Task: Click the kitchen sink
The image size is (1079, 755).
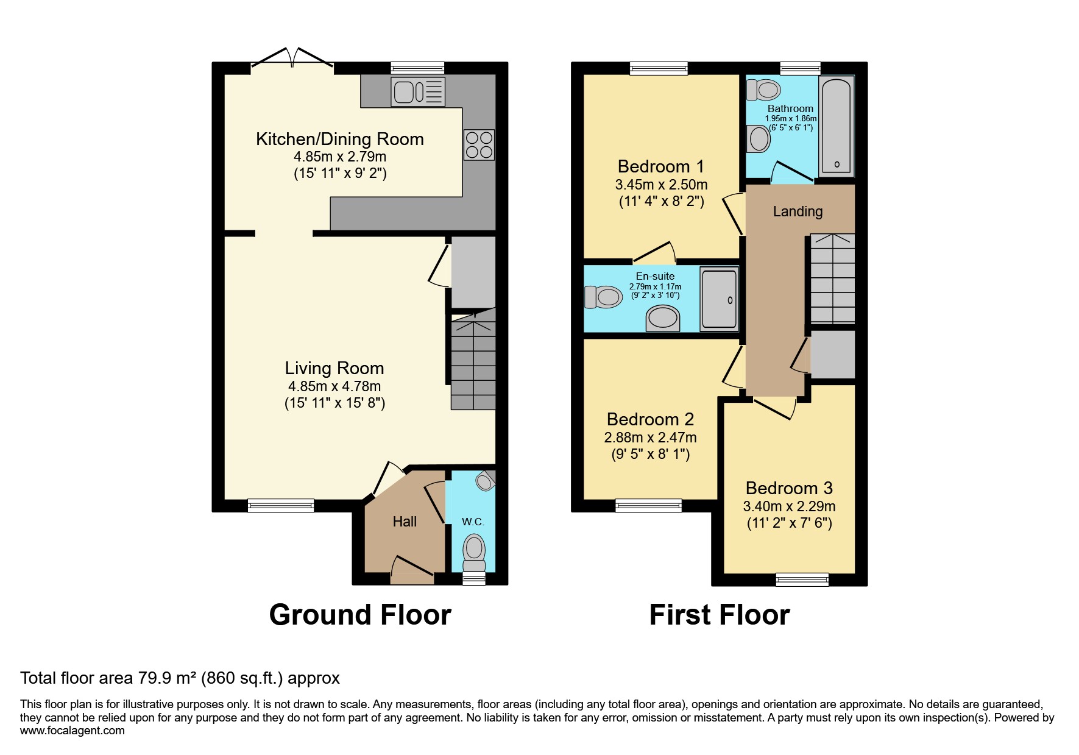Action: (x=418, y=92)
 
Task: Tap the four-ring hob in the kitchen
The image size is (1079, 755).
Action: (x=479, y=144)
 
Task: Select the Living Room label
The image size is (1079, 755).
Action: (x=334, y=368)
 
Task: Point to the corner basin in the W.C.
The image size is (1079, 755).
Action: (x=486, y=481)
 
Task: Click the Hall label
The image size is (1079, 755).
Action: (x=405, y=522)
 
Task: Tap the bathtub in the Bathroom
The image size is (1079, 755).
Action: (x=837, y=126)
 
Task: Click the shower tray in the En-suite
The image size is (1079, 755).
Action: (x=719, y=299)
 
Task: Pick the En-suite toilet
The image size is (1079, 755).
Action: (x=603, y=297)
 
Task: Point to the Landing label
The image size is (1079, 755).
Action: (x=798, y=211)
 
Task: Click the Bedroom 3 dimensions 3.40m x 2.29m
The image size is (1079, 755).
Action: (x=789, y=506)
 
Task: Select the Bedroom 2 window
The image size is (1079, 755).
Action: (x=648, y=505)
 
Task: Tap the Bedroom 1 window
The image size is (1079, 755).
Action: (x=659, y=68)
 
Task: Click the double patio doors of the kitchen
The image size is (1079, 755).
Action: (x=292, y=58)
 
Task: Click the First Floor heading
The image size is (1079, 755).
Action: (x=719, y=615)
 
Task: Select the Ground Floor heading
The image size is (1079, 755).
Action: (x=360, y=615)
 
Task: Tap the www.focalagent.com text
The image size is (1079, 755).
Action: (x=73, y=731)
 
